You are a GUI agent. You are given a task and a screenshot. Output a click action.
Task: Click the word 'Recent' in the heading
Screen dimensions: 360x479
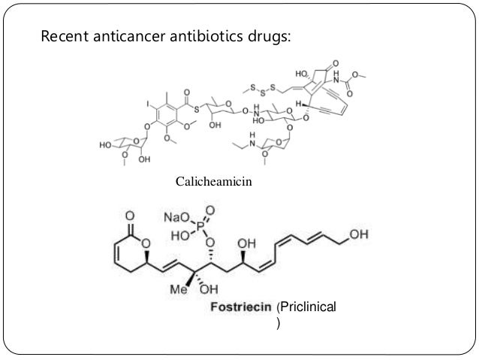(63, 35)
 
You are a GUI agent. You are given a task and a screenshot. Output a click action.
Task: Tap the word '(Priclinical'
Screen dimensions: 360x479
(307, 307)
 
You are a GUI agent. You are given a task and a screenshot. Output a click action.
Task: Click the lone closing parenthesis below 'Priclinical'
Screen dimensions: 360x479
(279, 325)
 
